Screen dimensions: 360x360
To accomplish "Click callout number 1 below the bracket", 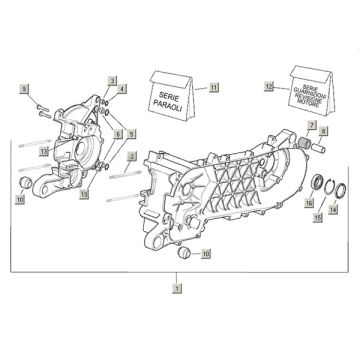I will (x=176, y=288).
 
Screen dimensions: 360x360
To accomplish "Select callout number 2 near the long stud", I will (x=132, y=157).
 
